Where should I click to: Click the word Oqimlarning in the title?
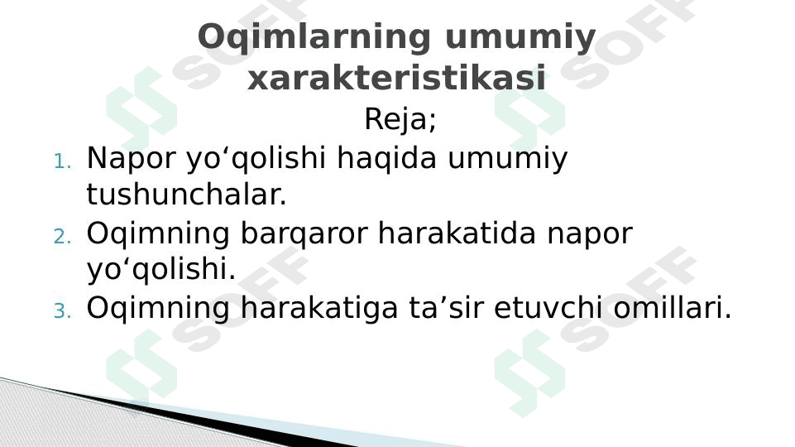(314, 38)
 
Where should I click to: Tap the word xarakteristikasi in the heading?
(396, 79)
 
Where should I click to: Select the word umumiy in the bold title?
(520, 38)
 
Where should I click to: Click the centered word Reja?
(400, 121)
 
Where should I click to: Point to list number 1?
(63, 161)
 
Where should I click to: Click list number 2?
(63, 238)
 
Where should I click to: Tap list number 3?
(63, 312)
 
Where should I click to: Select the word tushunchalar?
(186, 196)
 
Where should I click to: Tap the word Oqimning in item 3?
(159, 309)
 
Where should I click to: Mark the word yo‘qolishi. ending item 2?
(161, 271)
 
